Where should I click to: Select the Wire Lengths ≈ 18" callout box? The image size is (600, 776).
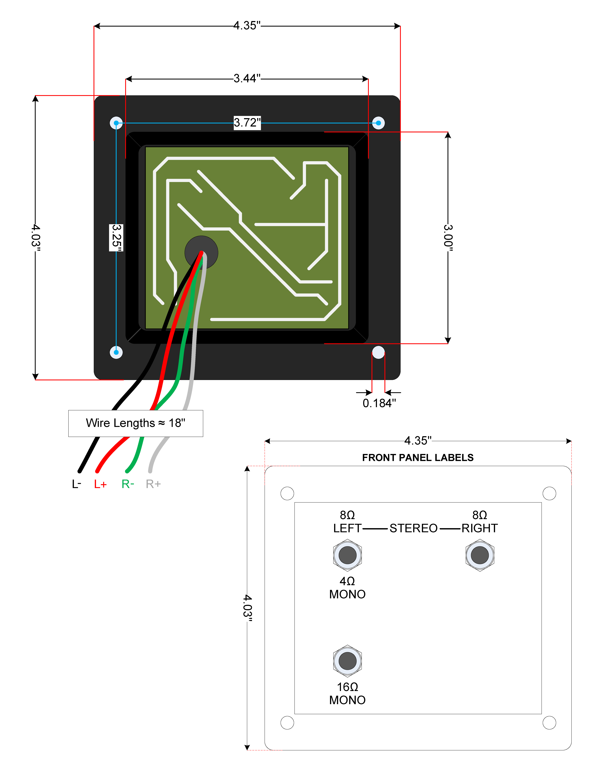(136, 423)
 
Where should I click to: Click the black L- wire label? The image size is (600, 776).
(76, 484)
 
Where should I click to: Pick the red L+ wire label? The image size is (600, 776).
(100, 484)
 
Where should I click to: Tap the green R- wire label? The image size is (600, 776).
(128, 484)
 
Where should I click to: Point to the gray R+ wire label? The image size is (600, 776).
(153, 484)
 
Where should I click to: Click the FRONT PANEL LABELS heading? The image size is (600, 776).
(418, 458)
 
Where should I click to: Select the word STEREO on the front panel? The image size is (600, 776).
(413, 528)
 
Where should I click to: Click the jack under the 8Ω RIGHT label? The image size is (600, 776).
(480, 555)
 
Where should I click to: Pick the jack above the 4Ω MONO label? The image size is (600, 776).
(348, 555)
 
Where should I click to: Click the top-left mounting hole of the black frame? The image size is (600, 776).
(116, 123)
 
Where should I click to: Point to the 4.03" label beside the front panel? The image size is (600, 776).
(247, 608)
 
